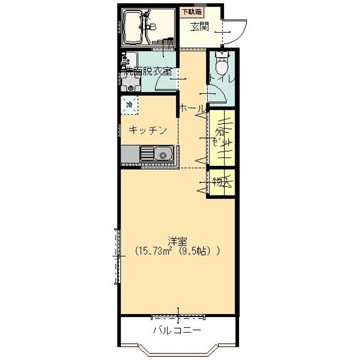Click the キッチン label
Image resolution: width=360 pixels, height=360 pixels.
[x=147, y=130]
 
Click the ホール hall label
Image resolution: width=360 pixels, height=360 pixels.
[x=191, y=108]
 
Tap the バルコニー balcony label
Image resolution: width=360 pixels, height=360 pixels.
[x=177, y=330]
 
